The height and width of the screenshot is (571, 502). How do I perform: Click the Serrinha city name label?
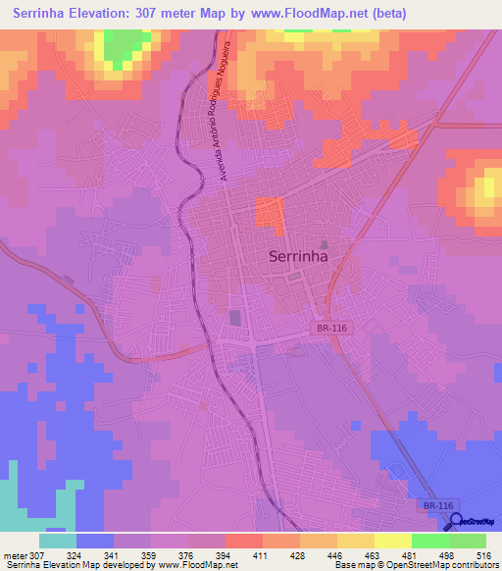tap(298, 258)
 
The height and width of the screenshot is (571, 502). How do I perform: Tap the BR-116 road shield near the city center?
tap(332, 329)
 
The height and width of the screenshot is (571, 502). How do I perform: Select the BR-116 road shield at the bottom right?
tap(439, 504)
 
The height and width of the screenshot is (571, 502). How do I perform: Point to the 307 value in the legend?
tap(32, 555)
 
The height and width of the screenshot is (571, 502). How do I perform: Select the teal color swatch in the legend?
tap(58, 541)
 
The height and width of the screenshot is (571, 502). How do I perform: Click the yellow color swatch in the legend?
tap(392, 541)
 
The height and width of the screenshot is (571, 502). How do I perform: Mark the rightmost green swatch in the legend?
tap(467, 541)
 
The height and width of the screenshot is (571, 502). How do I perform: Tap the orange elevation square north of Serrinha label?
tap(271, 215)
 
